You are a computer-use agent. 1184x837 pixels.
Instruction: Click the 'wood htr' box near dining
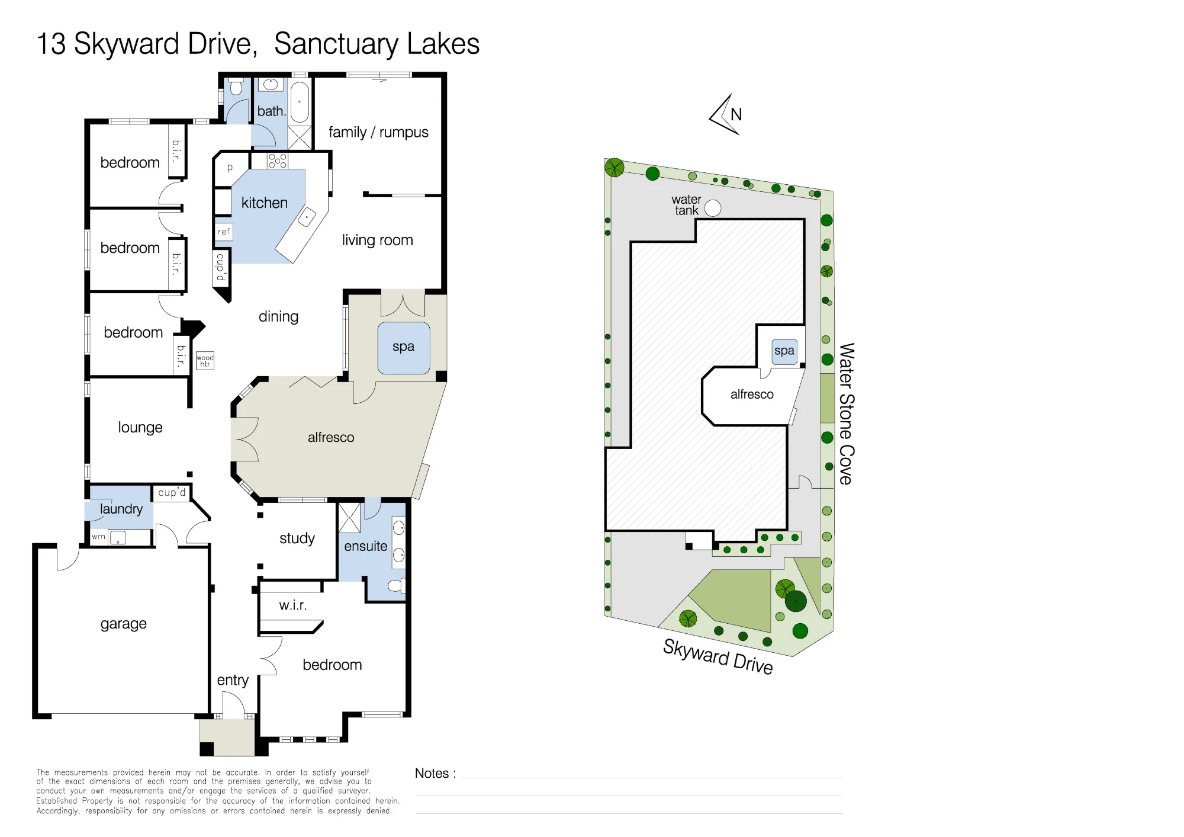click(x=205, y=360)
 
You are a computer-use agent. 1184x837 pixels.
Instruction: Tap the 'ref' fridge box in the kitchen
click(x=224, y=232)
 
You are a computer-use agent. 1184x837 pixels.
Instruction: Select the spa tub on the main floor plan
click(x=404, y=348)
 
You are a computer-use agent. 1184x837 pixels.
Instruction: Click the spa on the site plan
click(x=784, y=351)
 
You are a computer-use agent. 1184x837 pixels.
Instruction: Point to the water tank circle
click(x=713, y=208)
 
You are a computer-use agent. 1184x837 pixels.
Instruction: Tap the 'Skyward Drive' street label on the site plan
click(x=718, y=656)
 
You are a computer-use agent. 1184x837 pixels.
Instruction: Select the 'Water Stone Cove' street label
click(x=847, y=413)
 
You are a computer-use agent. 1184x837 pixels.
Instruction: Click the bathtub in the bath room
click(x=300, y=102)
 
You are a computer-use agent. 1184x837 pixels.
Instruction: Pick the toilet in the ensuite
click(x=396, y=586)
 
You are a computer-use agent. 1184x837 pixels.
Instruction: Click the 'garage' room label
click(x=123, y=624)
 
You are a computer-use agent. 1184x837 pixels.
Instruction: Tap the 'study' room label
click(x=297, y=538)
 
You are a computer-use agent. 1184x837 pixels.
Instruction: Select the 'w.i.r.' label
click(x=293, y=605)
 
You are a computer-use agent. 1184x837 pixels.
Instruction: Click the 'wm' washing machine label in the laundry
click(x=98, y=537)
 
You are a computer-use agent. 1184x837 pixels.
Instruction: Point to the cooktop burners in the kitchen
click(x=277, y=161)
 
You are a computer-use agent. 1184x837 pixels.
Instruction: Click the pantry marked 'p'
click(x=230, y=168)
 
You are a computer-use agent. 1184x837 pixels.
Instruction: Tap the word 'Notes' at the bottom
click(x=432, y=773)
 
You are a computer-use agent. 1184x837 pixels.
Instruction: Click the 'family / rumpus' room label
click(x=378, y=132)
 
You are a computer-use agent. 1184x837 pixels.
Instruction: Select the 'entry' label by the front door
click(x=233, y=680)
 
